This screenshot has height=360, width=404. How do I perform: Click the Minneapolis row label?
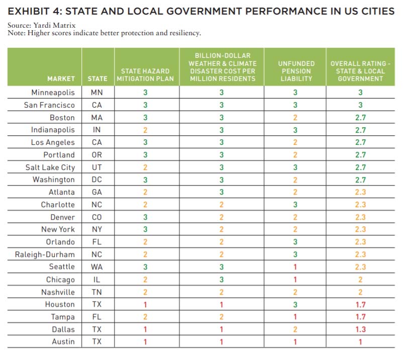point(53,93)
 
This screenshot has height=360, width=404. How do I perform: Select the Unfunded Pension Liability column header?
point(296,71)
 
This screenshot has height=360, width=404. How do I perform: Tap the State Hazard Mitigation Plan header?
point(145,75)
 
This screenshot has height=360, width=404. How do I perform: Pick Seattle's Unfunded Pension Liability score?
point(295,267)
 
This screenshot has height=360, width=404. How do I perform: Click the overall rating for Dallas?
point(360,329)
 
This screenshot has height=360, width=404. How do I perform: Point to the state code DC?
point(96,179)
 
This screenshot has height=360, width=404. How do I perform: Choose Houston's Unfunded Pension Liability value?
point(295,305)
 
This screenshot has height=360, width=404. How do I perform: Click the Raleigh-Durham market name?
point(45,254)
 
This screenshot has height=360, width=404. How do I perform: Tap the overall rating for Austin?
point(360,342)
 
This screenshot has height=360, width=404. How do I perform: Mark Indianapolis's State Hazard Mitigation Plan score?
point(145,130)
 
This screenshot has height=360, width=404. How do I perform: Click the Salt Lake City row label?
point(50,167)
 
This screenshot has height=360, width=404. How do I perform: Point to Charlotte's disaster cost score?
point(221,205)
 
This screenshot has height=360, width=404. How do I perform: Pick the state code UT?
point(97,167)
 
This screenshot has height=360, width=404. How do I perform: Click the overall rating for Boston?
point(360,118)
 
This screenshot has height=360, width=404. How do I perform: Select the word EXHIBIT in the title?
point(29,12)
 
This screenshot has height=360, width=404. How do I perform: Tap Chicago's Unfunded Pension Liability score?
point(295,280)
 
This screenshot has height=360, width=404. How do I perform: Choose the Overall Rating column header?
point(360,71)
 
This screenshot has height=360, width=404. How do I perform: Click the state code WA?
point(96,267)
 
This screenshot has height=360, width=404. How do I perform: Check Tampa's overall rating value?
point(360,317)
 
